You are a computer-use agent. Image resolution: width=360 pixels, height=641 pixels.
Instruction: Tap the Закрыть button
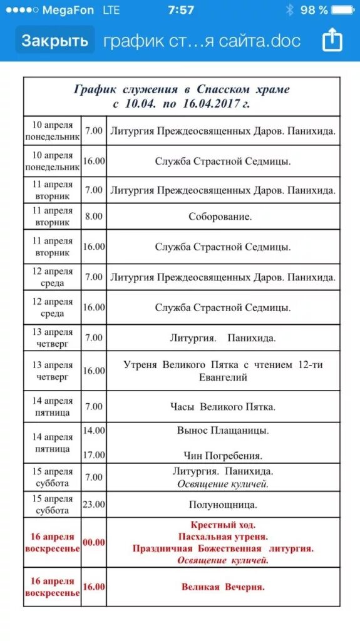(x=55, y=41)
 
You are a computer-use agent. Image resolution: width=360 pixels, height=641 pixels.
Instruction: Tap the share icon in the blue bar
(x=332, y=41)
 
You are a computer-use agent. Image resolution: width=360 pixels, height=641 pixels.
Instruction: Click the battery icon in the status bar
(x=343, y=10)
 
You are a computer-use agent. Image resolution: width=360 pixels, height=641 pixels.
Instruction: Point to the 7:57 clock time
(x=181, y=10)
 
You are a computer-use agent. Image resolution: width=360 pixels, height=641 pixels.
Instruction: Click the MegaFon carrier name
(x=68, y=10)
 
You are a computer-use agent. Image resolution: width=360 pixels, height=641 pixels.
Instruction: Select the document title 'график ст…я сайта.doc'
(x=202, y=41)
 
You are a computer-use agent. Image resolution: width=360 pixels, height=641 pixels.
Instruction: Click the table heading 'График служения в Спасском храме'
(x=182, y=90)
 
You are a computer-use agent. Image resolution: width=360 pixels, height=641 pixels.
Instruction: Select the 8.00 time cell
(x=93, y=217)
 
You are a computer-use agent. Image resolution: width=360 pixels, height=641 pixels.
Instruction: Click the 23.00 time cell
(x=93, y=504)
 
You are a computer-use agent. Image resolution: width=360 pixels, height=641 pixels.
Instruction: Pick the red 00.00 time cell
(x=93, y=543)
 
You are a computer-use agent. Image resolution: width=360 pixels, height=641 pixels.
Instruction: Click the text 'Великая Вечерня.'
(x=223, y=587)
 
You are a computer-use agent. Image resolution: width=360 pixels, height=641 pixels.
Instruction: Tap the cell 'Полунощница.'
(x=223, y=505)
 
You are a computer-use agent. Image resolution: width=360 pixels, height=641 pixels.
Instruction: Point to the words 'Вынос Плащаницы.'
(x=223, y=431)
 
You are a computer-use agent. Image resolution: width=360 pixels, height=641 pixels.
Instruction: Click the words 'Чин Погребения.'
(x=223, y=456)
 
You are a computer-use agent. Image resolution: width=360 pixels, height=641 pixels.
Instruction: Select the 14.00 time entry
(x=93, y=431)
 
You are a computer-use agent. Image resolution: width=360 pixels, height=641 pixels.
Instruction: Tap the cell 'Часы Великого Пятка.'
(x=223, y=407)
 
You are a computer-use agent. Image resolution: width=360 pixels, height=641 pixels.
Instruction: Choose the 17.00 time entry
(x=93, y=455)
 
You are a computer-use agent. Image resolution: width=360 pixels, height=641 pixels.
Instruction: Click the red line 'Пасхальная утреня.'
(x=223, y=536)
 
